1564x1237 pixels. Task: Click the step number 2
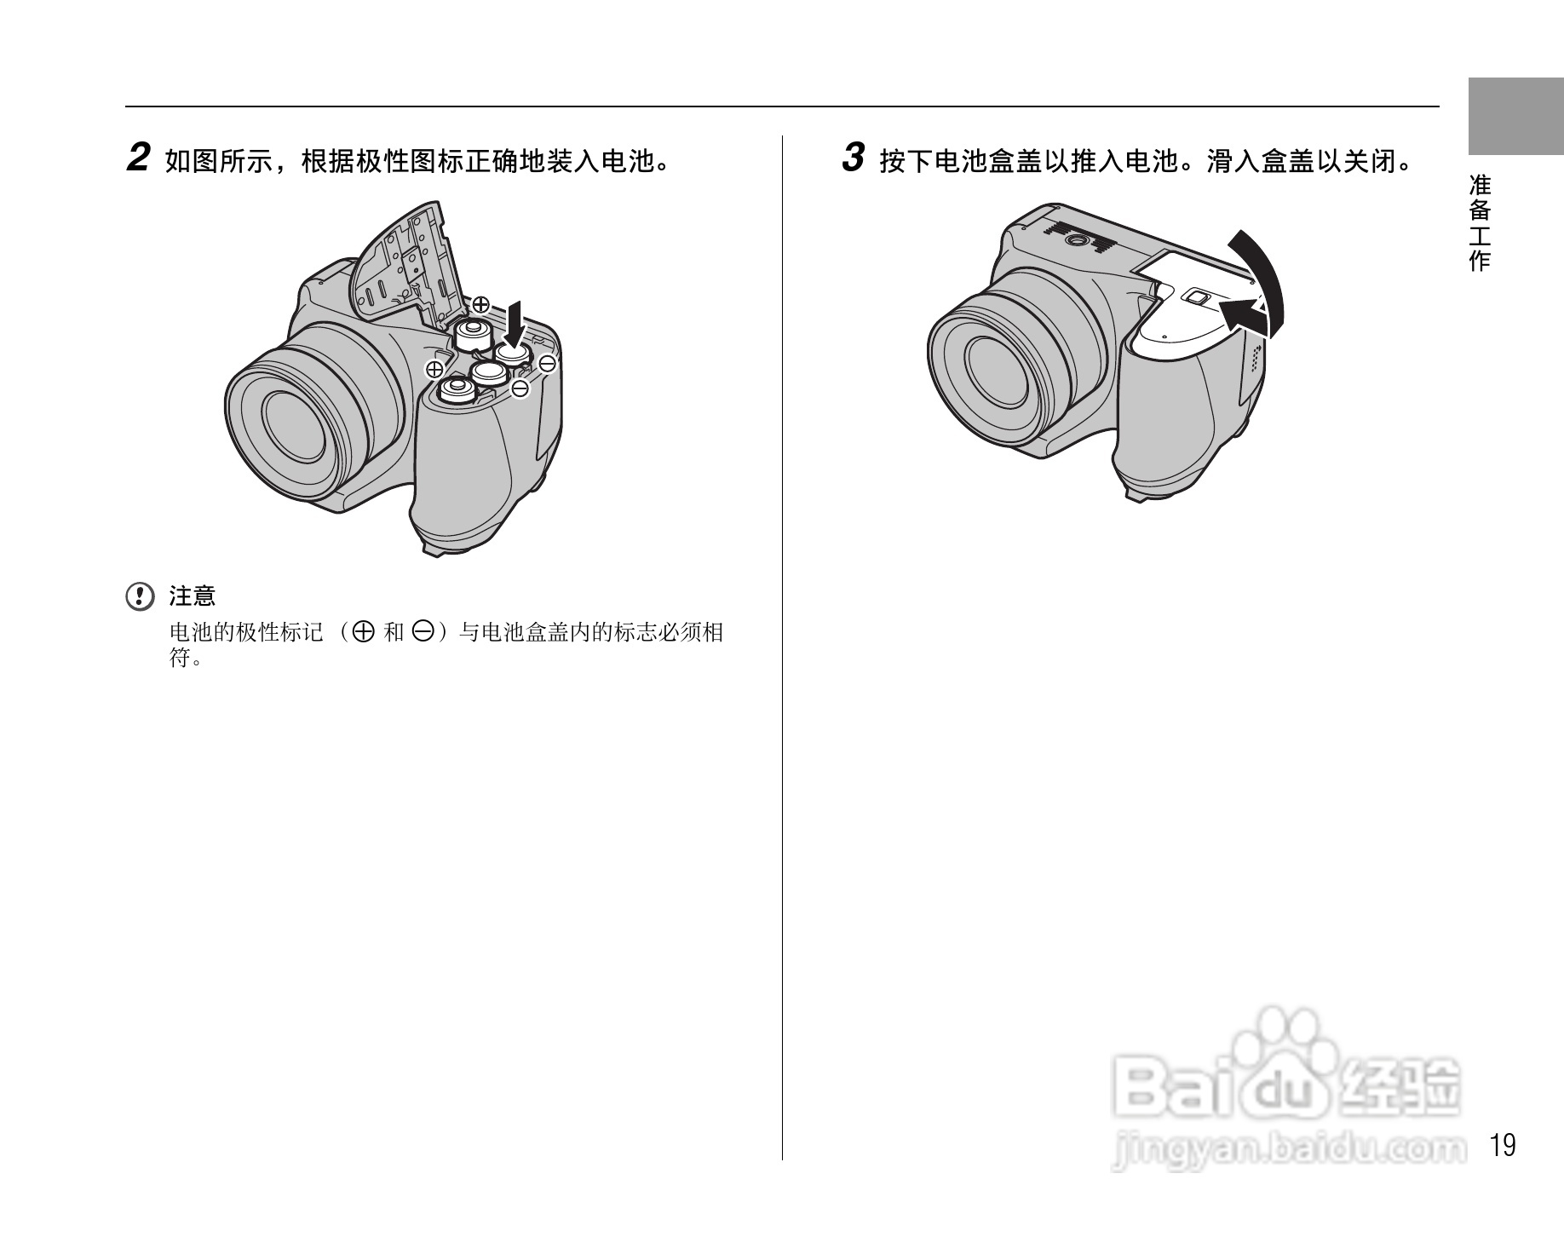pyautogui.click(x=138, y=158)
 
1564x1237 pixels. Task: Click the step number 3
pyautogui.click(x=853, y=158)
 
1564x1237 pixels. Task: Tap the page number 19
pyautogui.click(x=1504, y=1146)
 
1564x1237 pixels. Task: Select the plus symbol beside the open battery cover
pyautogui.click(x=480, y=303)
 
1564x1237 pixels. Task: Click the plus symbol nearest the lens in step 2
pyautogui.click(x=434, y=369)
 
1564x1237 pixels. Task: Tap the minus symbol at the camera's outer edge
pyautogui.click(x=548, y=365)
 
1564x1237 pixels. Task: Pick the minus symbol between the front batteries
pyautogui.click(x=520, y=388)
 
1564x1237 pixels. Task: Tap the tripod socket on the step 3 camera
pyautogui.click(x=1077, y=241)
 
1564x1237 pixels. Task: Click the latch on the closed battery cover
pyautogui.click(x=1196, y=297)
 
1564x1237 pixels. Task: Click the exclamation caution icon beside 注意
pyautogui.click(x=140, y=596)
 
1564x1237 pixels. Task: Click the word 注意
pyautogui.click(x=193, y=596)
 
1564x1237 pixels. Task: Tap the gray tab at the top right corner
pyautogui.click(x=1515, y=116)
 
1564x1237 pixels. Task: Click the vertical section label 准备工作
pyautogui.click(x=1480, y=223)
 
